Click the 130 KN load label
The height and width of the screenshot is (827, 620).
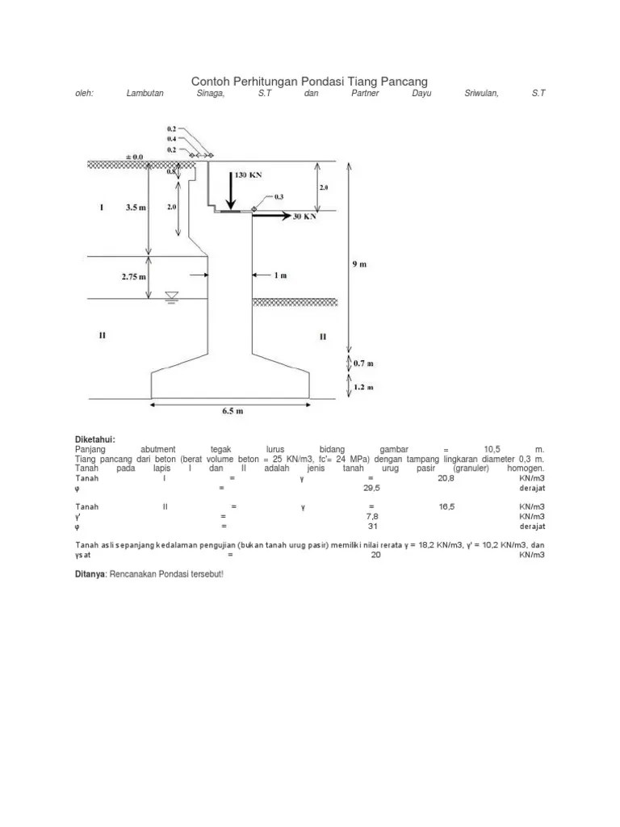point(249,174)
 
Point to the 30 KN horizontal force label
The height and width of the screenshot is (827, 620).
point(304,216)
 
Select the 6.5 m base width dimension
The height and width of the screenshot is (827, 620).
point(232,411)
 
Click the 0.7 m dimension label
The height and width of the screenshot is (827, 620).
point(365,363)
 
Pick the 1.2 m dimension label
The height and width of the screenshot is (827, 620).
point(365,387)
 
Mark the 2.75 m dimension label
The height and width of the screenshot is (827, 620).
point(135,276)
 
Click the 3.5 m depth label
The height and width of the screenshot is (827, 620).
point(136,207)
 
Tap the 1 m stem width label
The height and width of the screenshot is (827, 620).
point(281,275)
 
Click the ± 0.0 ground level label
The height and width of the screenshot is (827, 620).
point(133,156)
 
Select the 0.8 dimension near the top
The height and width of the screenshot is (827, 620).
point(171,171)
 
